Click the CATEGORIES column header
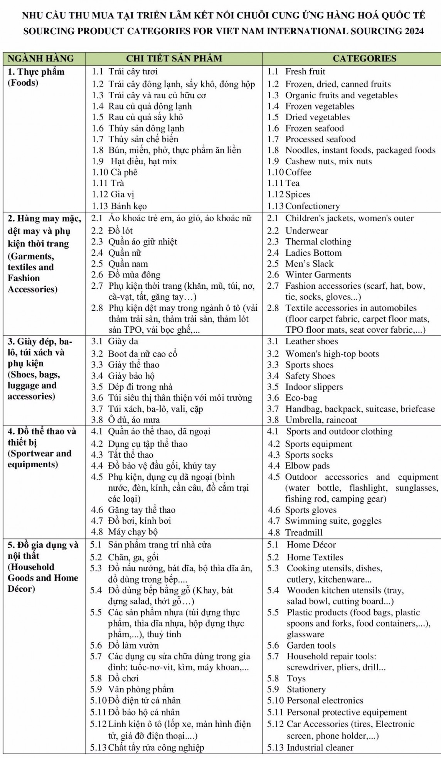[x=364, y=59]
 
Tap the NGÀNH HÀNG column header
[x=41, y=59]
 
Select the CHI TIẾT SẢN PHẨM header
[x=174, y=59]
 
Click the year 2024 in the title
[x=414, y=31]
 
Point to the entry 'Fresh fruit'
[x=305, y=72]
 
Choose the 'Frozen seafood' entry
[x=314, y=128]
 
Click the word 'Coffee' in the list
[x=298, y=172]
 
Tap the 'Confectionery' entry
[x=313, y=206]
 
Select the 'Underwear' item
[x=306, y=231]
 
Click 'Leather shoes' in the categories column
[x=311, y=342]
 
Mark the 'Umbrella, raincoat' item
[x=321, y=420]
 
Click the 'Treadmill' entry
[x=304, y=532]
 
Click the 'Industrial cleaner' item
[x=320, y=748]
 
